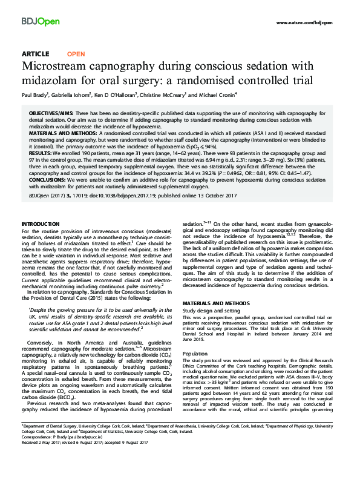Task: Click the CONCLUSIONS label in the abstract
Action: pos(49,180)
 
